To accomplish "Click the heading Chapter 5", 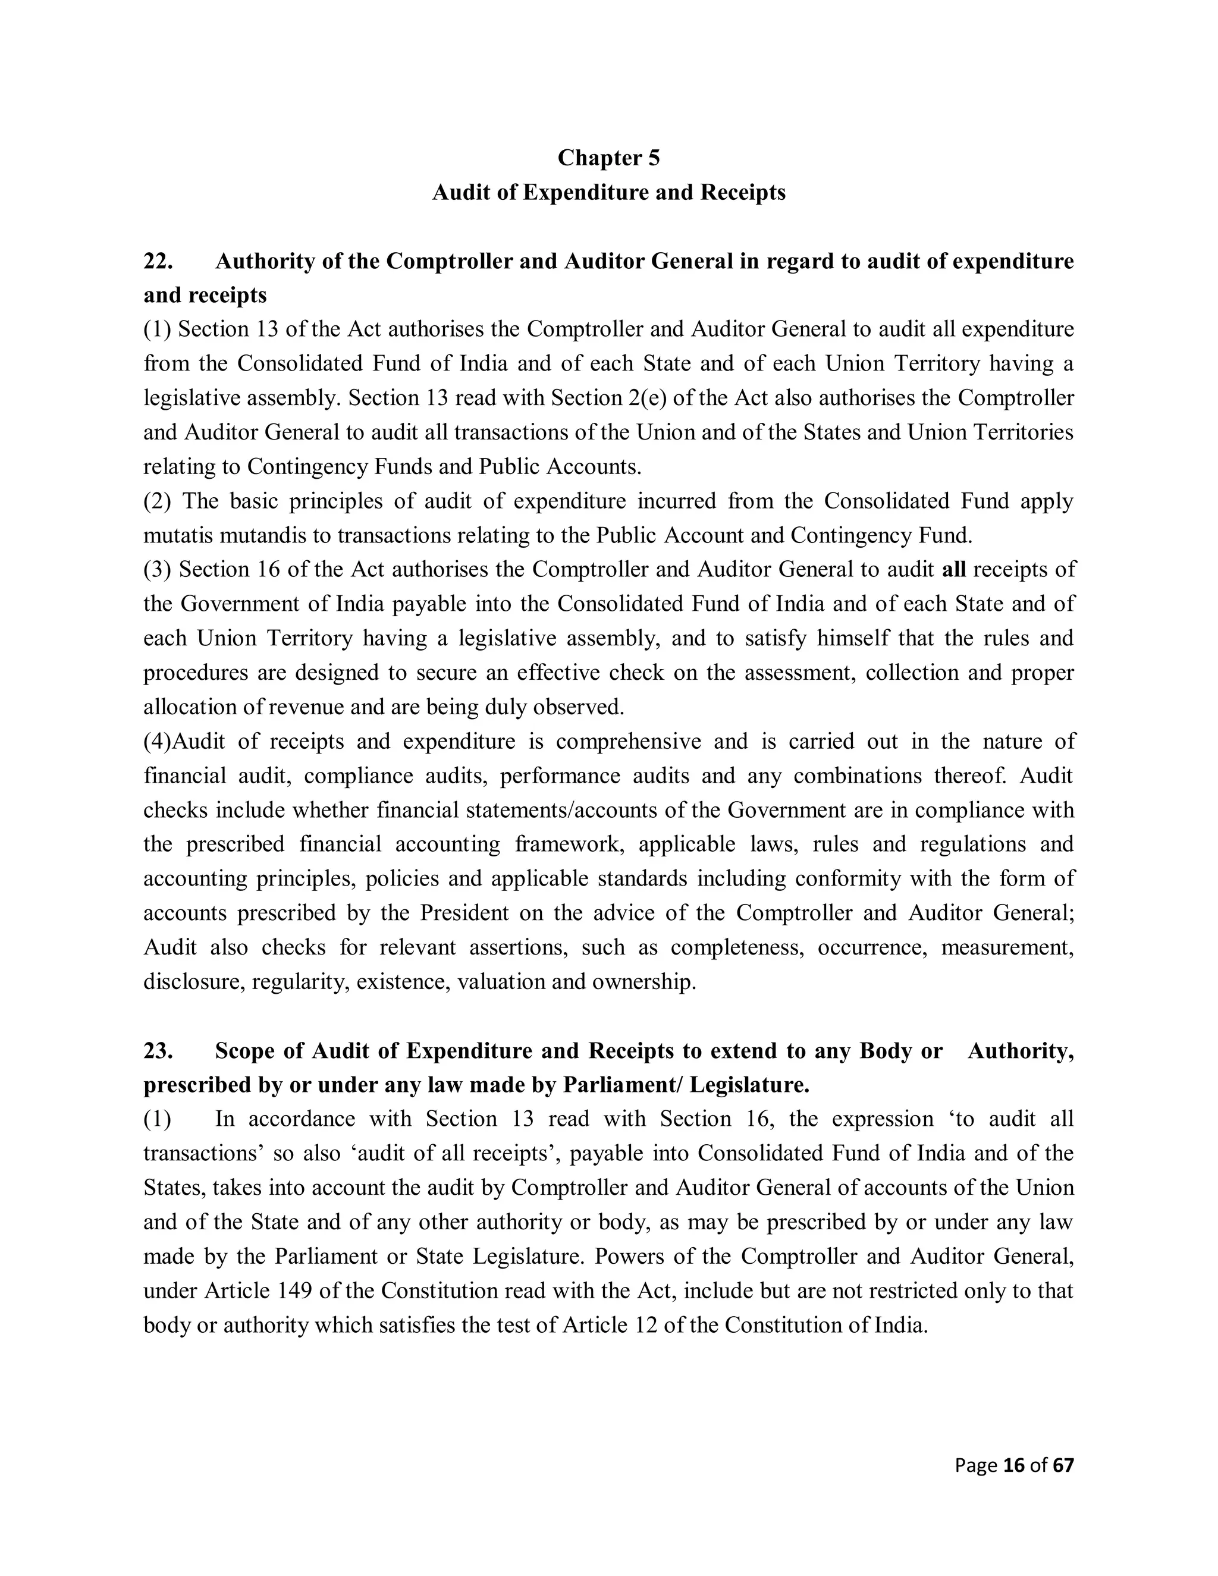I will coord(608,158).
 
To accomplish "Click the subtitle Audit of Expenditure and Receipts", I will coord(608,192).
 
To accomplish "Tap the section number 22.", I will coord(158,260).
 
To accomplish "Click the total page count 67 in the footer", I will coord(1063,1464).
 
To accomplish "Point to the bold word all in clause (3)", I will coord(954,569).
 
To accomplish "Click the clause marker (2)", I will coord(157,501).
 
